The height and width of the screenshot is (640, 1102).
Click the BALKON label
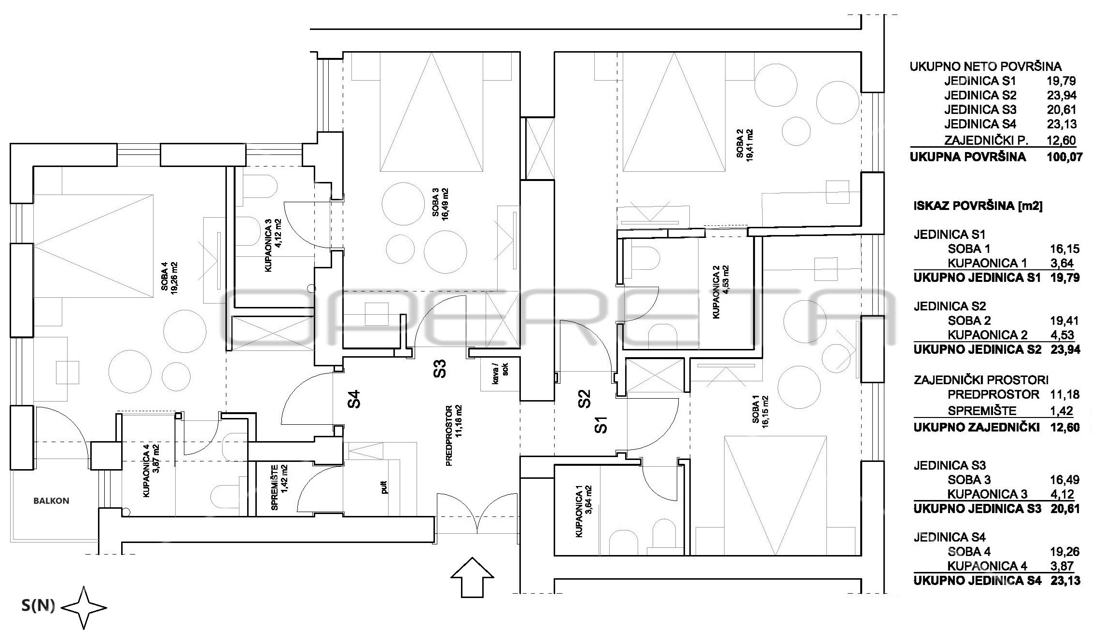click(51, 501)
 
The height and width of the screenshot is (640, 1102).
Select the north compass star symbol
click(84, 608)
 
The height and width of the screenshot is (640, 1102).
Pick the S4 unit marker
click(354, 400)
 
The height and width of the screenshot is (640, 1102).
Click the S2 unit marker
click(585, 399)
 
